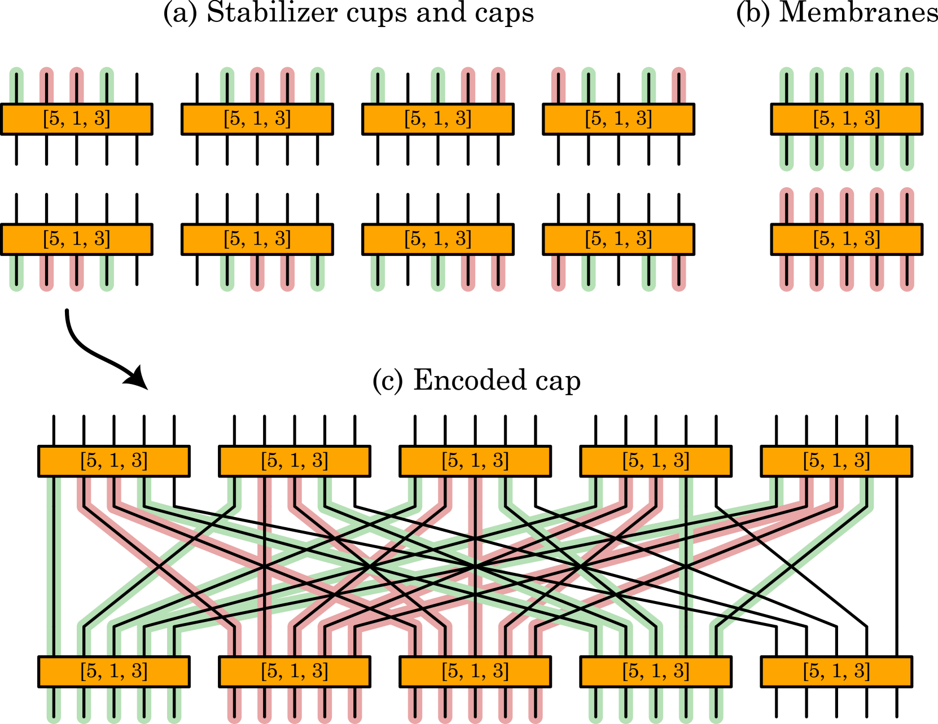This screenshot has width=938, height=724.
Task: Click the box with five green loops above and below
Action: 846,119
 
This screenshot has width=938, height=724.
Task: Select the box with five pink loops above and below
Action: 846,240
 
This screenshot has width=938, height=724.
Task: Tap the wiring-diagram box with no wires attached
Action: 836,672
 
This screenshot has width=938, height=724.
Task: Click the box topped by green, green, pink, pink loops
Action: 437,119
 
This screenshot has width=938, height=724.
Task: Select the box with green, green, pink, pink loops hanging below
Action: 437,240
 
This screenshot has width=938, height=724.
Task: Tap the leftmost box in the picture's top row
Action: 76,119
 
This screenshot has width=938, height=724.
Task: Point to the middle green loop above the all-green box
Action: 847,85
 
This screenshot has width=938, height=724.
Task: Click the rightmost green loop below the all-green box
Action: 907,153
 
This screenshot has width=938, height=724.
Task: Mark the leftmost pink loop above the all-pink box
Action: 786,205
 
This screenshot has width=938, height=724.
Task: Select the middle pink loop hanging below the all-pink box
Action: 847,274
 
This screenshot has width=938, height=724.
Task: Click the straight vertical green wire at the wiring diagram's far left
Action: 54,564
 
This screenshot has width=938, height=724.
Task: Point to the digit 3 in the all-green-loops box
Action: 871,118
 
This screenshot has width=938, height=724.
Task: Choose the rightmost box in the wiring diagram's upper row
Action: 836,461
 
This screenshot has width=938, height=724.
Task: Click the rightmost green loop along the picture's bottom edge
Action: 716,706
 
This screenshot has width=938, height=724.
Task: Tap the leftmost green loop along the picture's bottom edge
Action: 54,706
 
